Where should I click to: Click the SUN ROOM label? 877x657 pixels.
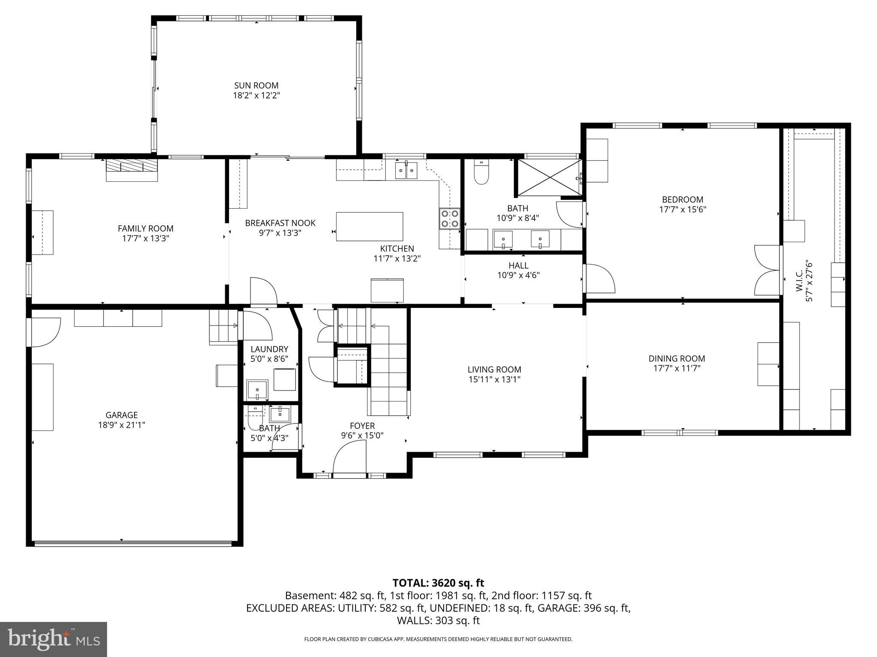click(x=256, y=86)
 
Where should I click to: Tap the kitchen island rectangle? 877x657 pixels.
click(x=369, y=226)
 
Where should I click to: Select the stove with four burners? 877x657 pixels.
click(x=449, y=218)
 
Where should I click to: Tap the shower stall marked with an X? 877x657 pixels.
click(x=549, y=177)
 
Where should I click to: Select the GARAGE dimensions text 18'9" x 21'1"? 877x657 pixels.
click(x=122, y=425)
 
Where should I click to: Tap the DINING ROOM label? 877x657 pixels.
click(x=677, y=358)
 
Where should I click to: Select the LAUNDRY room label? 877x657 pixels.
click(x=269, y=349)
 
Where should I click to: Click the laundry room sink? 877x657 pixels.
click(x=257, y=390)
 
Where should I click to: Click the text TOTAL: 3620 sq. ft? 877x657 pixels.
click(x=438, y=583)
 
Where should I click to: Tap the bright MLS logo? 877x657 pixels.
click(x=54, y=639)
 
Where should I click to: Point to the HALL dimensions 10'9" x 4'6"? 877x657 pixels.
click(x=518, y=275)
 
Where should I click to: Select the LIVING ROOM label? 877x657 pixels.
click(x=494, y=369)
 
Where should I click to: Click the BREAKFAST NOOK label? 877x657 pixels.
click(x=280, y=223)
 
